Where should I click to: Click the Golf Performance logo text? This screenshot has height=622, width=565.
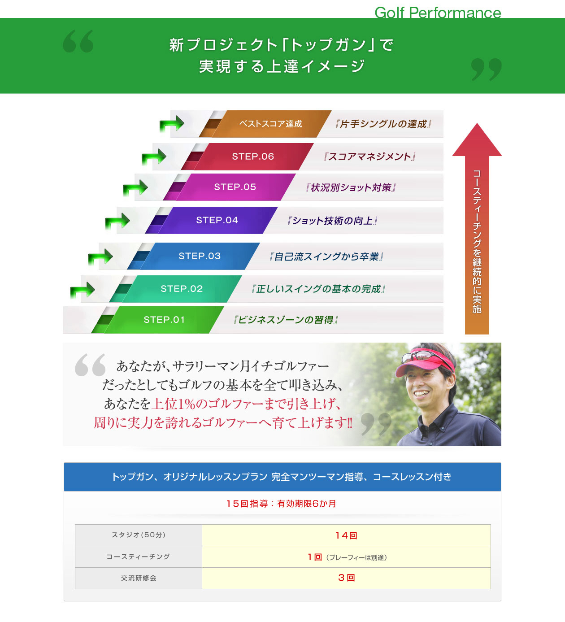[x=438, y=12]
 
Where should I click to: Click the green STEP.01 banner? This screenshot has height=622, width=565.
[x=164, y=320]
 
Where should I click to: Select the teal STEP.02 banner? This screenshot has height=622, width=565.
[x=182, y=289]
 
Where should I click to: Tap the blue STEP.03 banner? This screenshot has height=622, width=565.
[x=200, y=256]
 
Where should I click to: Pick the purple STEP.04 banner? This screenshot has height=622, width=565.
[x=217, y=220]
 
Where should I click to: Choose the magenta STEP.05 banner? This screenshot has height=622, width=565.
[x=235, y=187]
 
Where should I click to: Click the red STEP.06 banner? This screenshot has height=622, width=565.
[x=253, y=157]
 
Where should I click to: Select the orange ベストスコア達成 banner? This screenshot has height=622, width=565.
[x=270, y=124]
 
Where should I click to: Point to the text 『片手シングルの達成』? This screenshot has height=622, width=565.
[x=383, y=124]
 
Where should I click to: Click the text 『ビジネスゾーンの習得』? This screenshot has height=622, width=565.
[x=285, y=320]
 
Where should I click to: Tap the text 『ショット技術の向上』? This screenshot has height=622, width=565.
[x=332, y=221]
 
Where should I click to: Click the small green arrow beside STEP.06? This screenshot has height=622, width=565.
[x=154, y=157]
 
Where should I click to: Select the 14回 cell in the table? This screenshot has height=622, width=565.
[x=346, y=535]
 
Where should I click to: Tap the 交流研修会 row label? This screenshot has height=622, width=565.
[x=139, y=578]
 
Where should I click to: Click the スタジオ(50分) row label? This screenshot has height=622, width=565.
[x=139, y=535]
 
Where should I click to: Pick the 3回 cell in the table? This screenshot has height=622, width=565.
[x=346, y=578]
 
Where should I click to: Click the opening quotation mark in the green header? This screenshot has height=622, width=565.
[x=78, y=41]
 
